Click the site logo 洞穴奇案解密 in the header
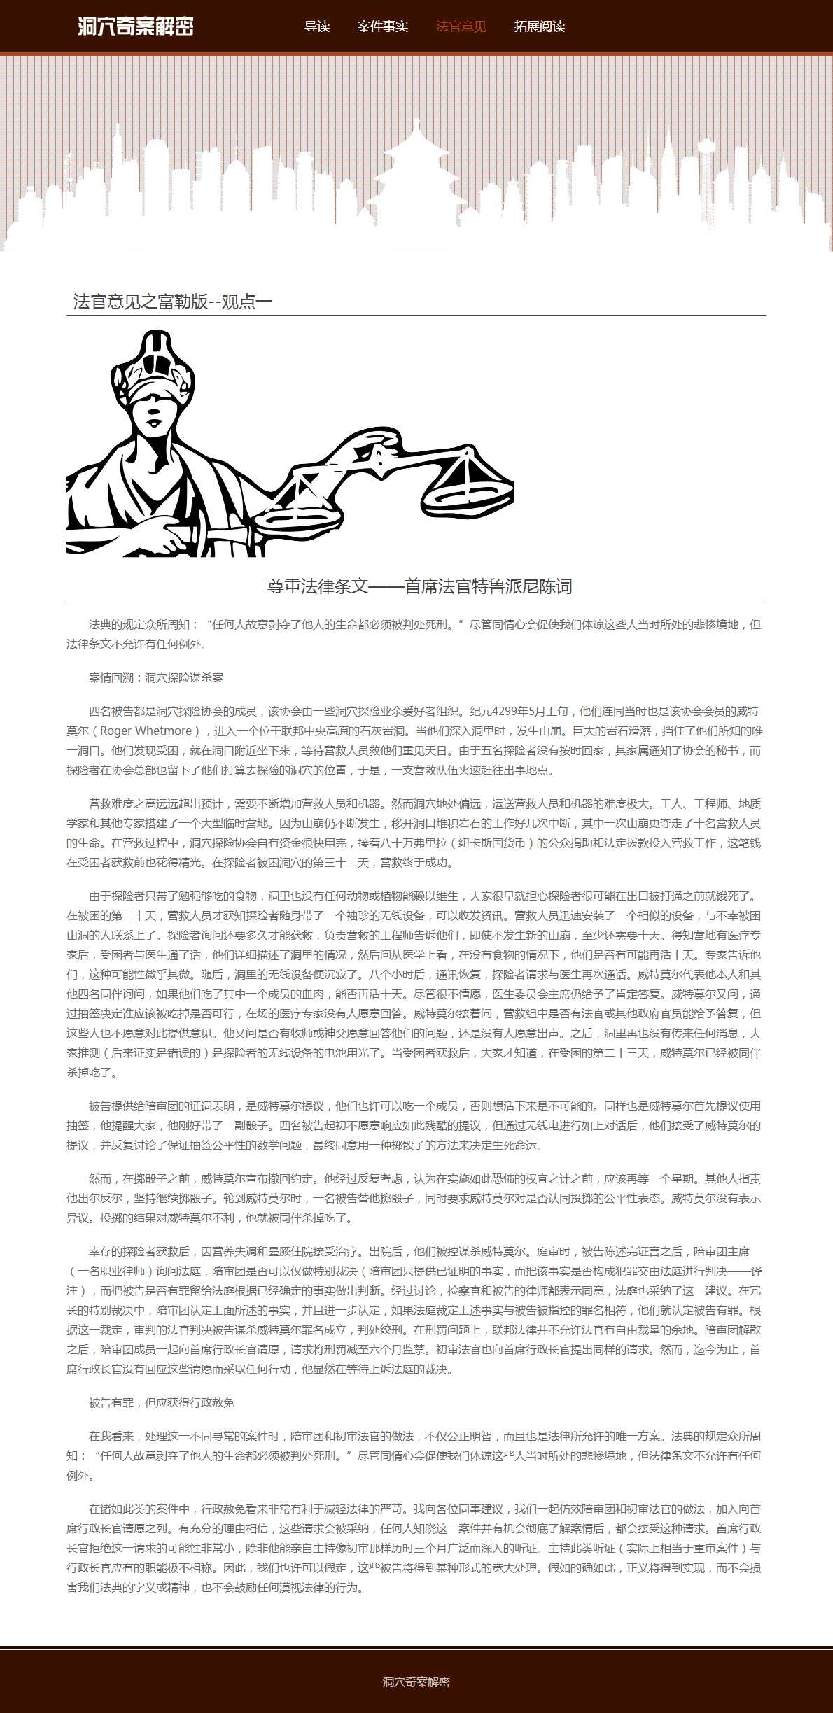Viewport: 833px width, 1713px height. (x=135, y=27)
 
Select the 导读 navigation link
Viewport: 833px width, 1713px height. (x=316, y=27)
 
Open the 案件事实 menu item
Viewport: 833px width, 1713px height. (x=382, y=27)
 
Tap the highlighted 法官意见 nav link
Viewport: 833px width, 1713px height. (x=461, y=27)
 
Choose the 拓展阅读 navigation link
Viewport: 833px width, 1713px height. (x=539, y=27)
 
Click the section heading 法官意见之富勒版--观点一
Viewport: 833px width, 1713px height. (x=172, y=302)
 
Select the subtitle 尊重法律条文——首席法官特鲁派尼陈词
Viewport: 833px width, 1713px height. (x=419, y=586)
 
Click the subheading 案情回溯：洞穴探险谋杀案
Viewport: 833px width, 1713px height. (x=156, y=677)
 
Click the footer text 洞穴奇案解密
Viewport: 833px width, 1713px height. (x=416, y=1682)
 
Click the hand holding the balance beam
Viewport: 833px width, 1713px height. (x=378, y=448)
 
